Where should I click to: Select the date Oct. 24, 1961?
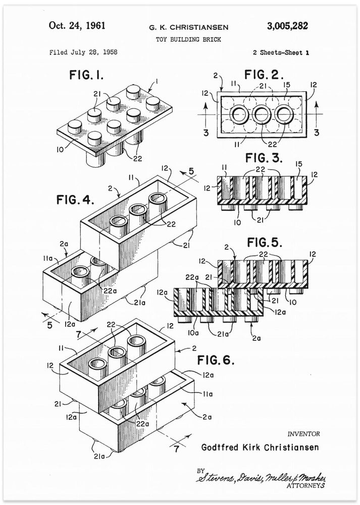pos(77,26)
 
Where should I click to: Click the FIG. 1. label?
pos(86,76)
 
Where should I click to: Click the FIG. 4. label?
pos(68,199)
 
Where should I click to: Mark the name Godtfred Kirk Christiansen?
pos(260,447)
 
